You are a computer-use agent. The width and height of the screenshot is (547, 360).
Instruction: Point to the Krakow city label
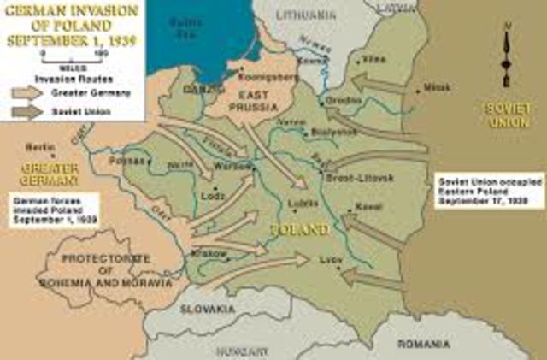(x=213, y=253)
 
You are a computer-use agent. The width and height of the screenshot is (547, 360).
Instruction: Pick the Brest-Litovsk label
(x=360, y=177)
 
